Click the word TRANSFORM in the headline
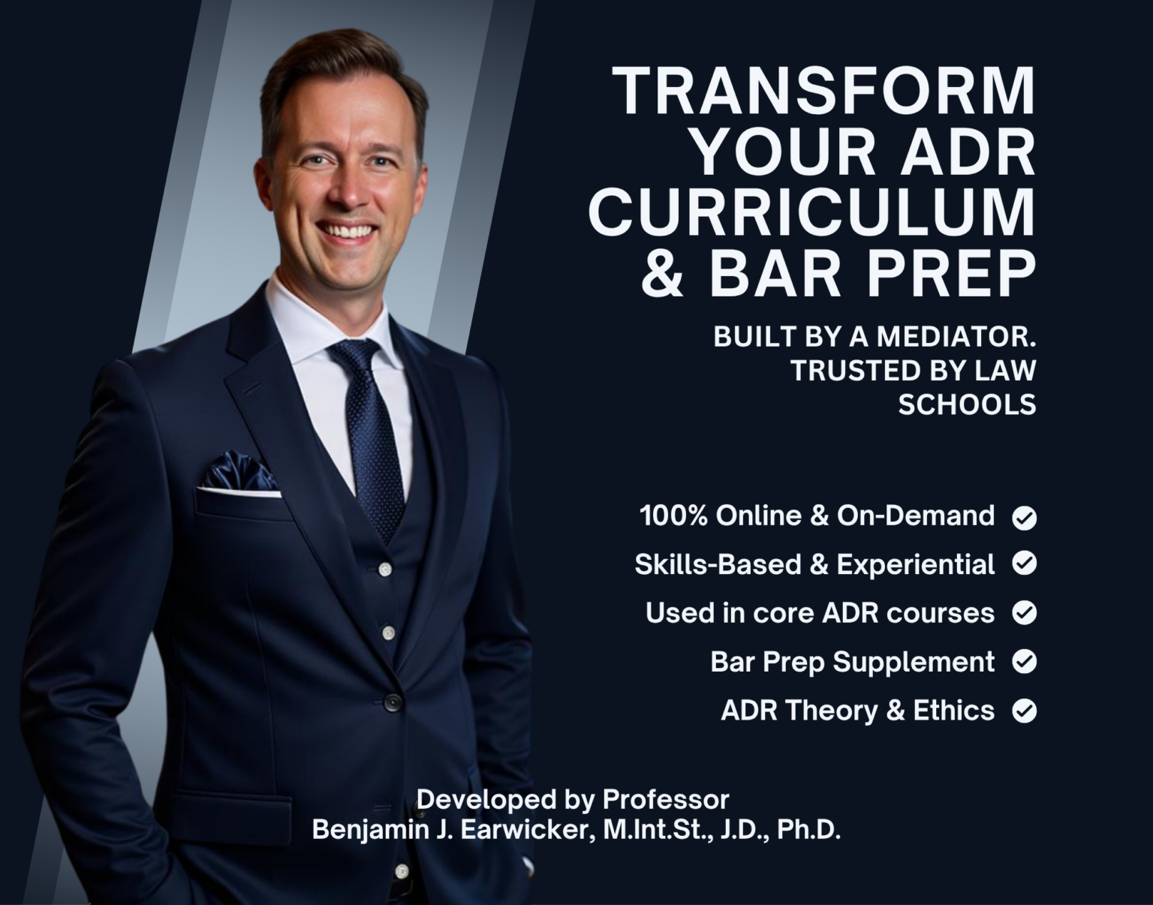824,92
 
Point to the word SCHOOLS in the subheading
967,404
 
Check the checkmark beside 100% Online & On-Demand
1025,518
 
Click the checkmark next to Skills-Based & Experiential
1025,564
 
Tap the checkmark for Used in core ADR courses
1025,613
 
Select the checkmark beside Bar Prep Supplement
1025,662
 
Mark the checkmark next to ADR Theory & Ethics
1025,711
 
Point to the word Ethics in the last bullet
953,711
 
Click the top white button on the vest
386,568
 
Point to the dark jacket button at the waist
392,702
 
